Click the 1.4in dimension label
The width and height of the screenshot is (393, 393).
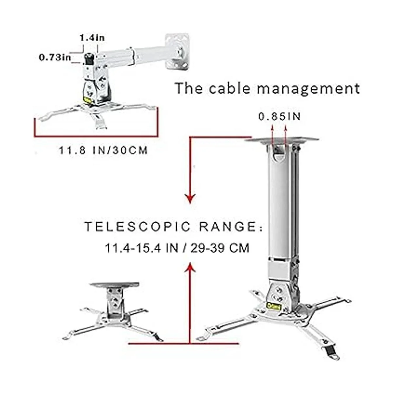click(x=92, y=38)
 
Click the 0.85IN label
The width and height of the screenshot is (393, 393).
click(x=279, y=117)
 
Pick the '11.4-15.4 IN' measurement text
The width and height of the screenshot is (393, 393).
click(x=141, y=248)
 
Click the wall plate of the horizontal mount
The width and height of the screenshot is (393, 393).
click(x=178, y=51)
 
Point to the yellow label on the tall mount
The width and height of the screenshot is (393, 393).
click(x=272, y=304)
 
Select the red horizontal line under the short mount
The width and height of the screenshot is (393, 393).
click(x=183, y=343)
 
